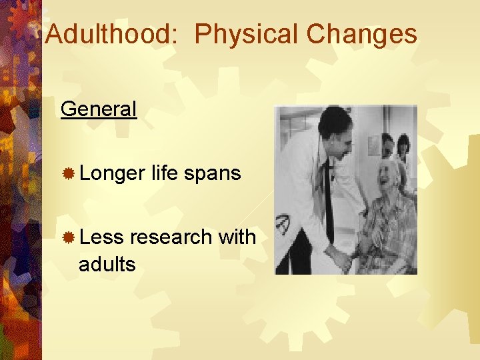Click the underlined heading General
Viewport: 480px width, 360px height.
(98, 109)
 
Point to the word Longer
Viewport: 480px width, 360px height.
(111, 173)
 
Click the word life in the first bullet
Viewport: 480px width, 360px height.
(164, 173)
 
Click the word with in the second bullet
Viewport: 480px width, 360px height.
(237, 236)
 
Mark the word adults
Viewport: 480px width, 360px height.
(107, 264)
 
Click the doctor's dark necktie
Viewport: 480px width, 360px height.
(328, 193)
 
